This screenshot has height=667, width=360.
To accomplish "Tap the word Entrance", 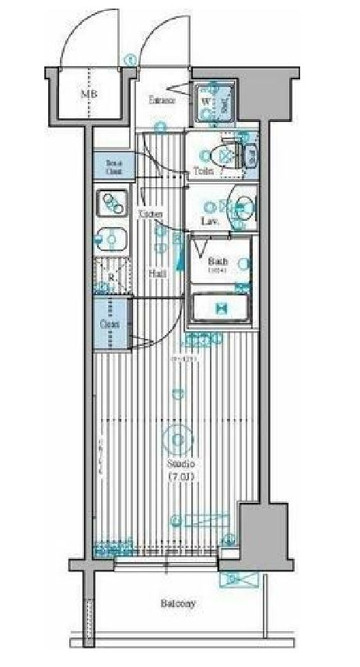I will [x=162, y=100].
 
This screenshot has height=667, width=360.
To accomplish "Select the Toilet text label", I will [x=204, y=171].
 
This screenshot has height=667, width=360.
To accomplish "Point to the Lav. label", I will [x=208, y=222].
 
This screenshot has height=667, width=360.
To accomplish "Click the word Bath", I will [x=217, y=261].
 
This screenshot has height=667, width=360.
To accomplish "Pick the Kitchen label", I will [x=150, y=213].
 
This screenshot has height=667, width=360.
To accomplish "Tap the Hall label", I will [x=156, y=273].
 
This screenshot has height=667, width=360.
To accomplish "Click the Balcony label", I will [x=178, y=603].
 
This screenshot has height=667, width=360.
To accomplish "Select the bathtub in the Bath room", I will [x=220, y=308].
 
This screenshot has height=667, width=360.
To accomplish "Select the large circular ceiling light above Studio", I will [x=178, y=441].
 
